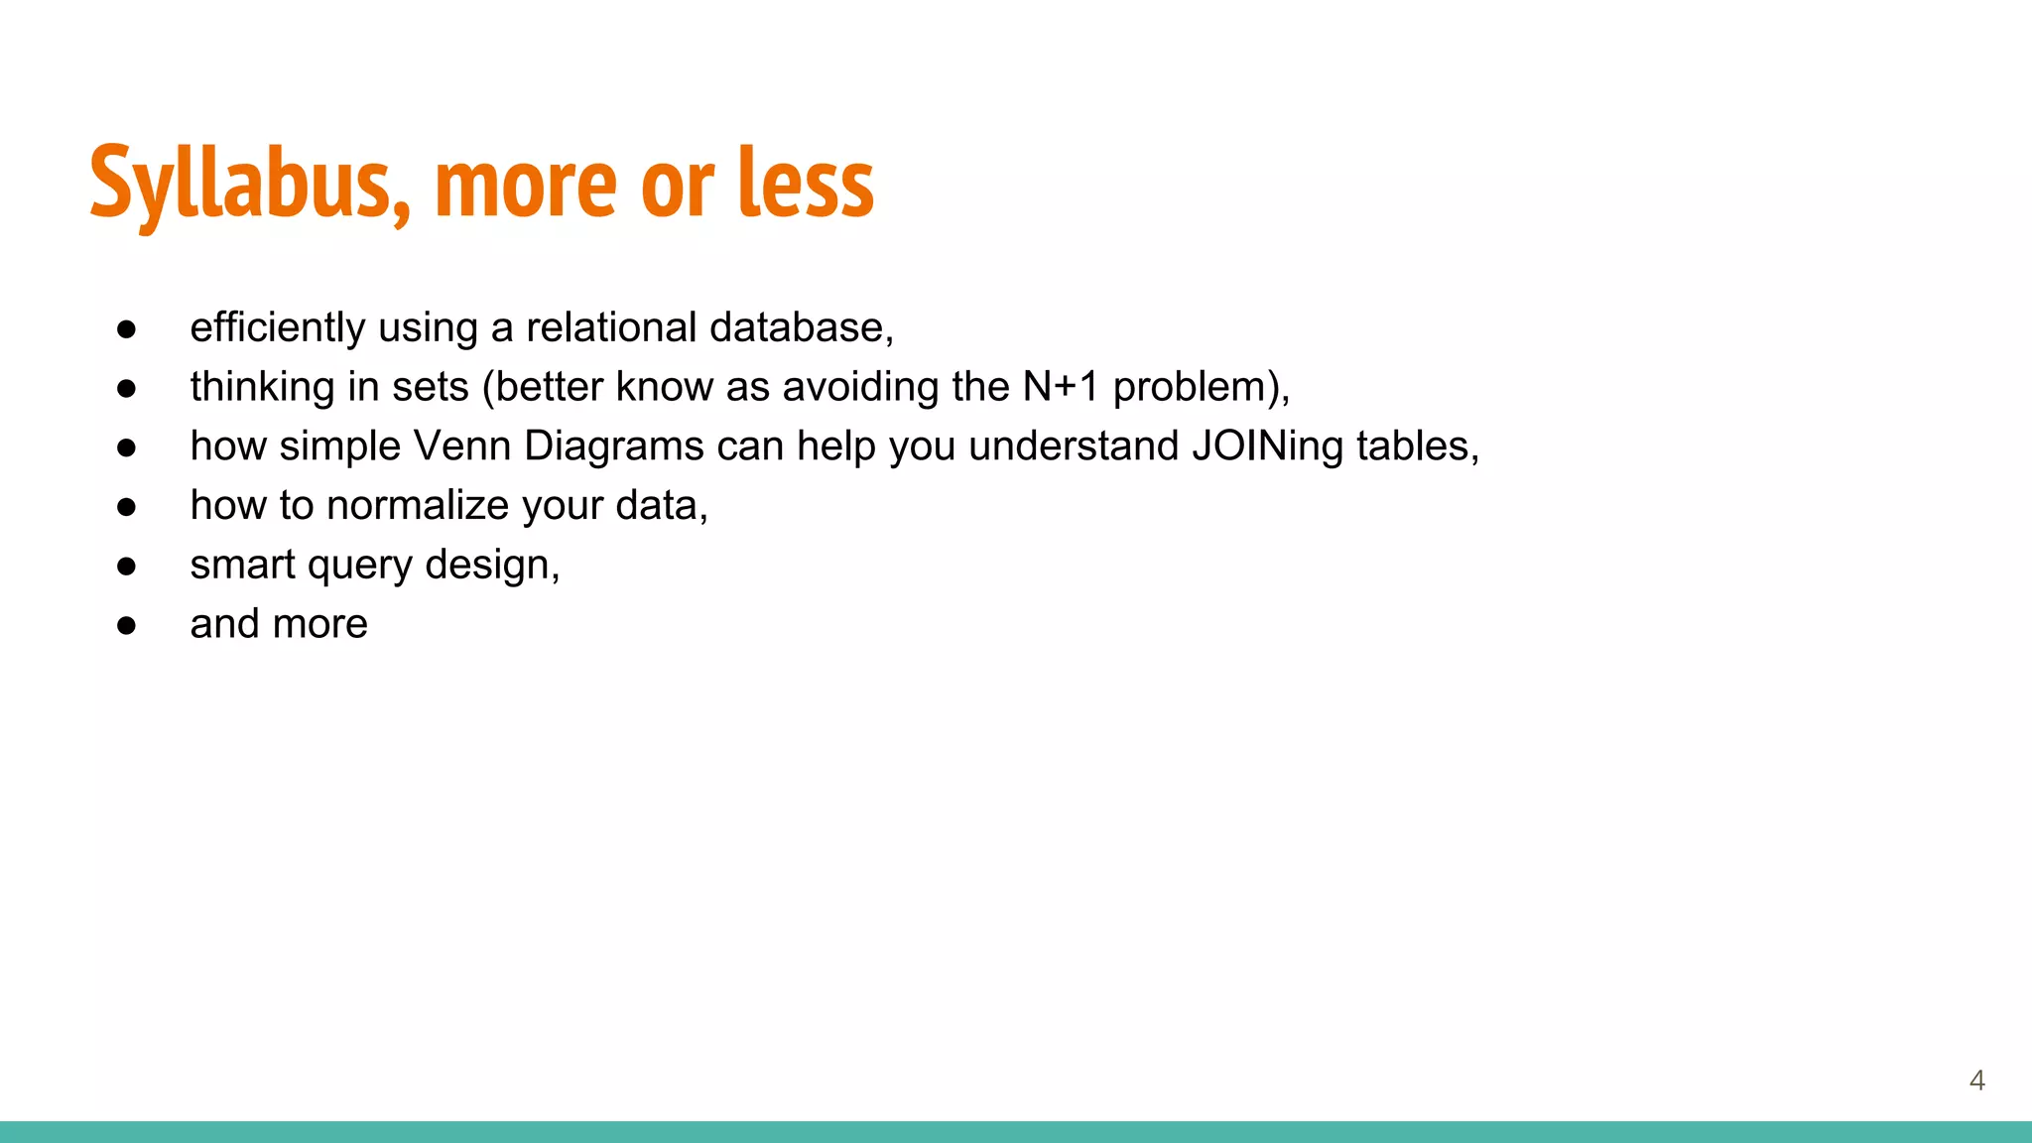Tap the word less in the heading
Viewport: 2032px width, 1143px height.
click(806, 184)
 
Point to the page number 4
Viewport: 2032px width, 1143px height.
click(1976, 1080)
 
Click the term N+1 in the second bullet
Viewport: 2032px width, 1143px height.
click(1061, 387)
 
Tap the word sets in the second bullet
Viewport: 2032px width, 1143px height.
click(430, 387)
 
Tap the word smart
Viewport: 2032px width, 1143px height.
click(243, 566)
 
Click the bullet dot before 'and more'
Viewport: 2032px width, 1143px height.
click(126, 625)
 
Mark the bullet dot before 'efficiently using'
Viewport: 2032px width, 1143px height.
click(126, 328)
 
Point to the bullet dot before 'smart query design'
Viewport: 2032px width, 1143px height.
click(126, 566)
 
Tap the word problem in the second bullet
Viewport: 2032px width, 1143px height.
click(1191, 387)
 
